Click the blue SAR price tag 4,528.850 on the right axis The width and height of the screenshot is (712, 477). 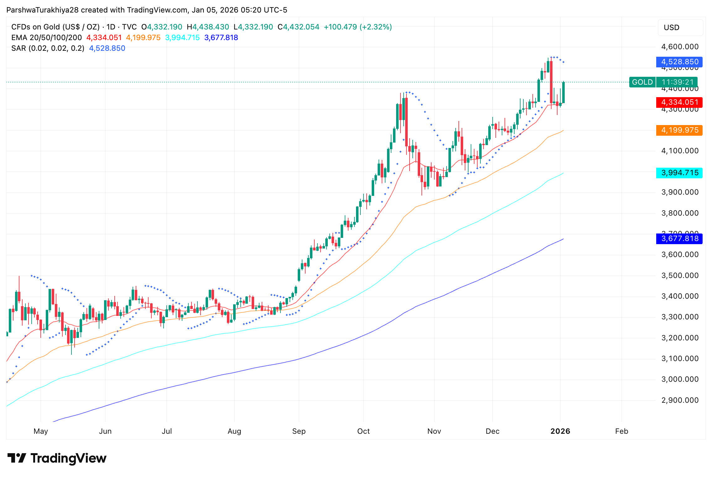click(679, 62)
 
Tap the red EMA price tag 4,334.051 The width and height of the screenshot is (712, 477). click(679, 102)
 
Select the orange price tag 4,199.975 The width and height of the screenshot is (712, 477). click(679, 130)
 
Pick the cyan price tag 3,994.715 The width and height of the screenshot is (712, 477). click(679, 173)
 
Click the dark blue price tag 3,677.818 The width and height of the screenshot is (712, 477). click(679, 238)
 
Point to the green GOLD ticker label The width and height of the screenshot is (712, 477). click(642, 82)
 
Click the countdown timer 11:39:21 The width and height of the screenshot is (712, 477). click(677, 82)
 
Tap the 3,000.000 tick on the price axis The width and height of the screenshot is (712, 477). click(679, 379)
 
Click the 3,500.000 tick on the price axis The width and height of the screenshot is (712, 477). click(679, 275)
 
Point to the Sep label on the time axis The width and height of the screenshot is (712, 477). click(299, 431)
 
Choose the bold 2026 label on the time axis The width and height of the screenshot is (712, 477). click(560, 431)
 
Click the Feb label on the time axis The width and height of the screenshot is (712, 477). click(621, 431)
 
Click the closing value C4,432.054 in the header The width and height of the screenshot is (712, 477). click(298, 27)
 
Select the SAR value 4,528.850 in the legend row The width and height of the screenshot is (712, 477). click(107, 48)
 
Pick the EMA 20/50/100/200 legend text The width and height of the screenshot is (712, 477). click(46, 38)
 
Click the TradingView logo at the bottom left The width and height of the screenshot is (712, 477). click(57, 458)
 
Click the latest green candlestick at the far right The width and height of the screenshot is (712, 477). click(563, 92)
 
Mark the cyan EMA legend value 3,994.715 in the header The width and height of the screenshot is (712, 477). click(182, 38)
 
